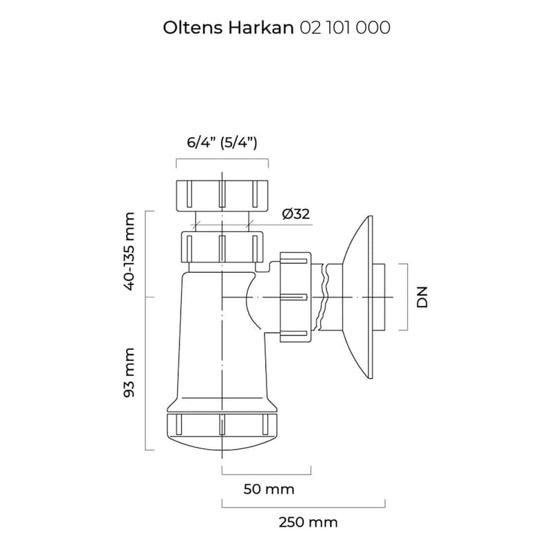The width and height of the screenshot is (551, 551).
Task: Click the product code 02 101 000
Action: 345,28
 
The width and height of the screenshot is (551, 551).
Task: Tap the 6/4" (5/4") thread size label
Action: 222,143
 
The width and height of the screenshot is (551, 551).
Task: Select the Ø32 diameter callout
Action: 295,214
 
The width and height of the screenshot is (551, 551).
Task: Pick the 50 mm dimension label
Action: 269,489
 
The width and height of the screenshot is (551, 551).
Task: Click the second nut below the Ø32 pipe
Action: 222,247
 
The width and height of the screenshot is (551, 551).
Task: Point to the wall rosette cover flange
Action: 358,296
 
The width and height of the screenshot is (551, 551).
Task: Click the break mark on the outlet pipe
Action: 321,296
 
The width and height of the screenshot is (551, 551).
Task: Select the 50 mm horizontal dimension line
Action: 267,474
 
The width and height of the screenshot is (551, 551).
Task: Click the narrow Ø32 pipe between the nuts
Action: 222,220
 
